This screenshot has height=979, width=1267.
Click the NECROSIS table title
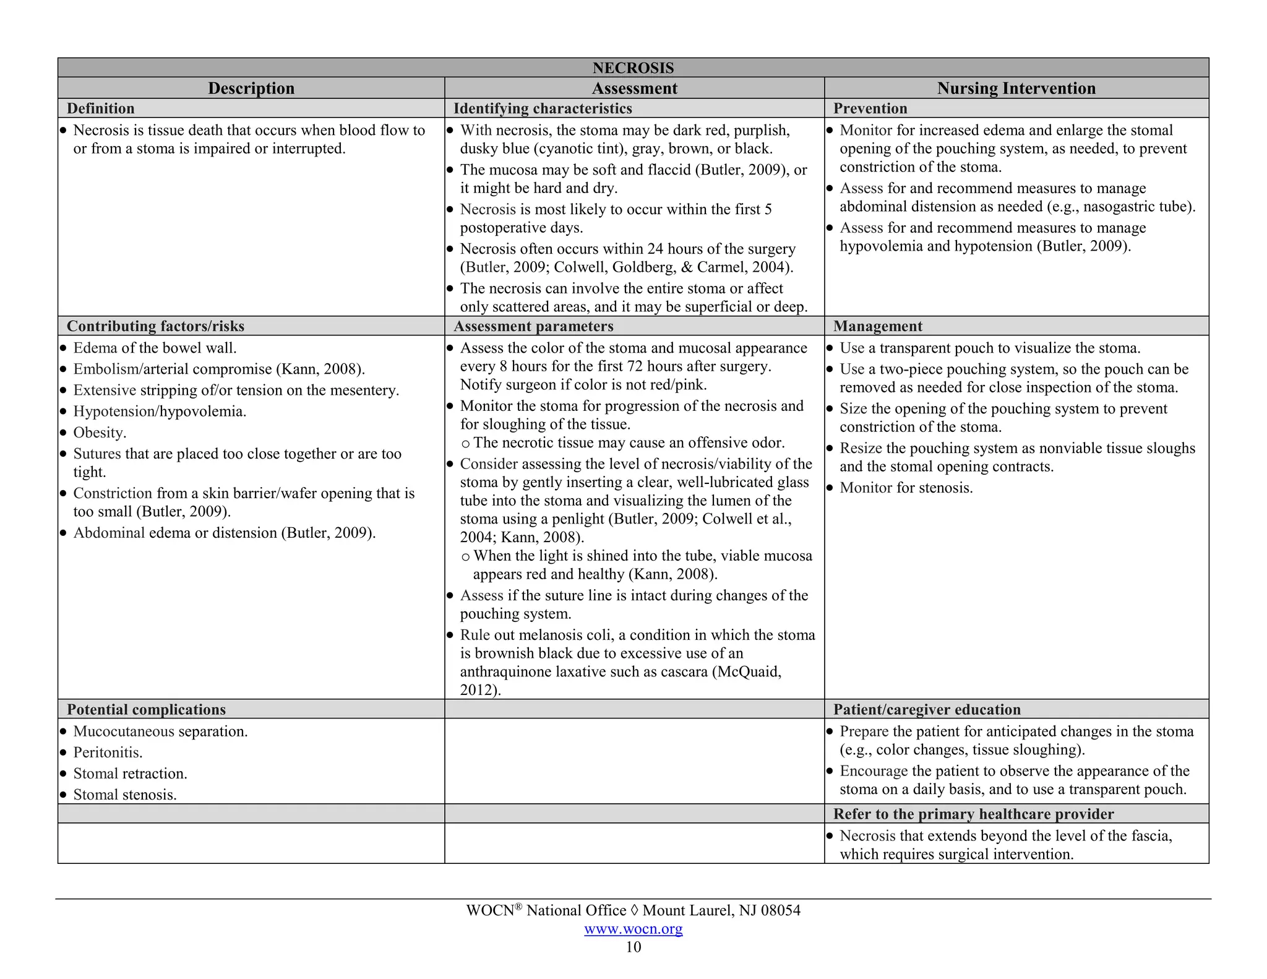pyautogui.click(x=633, y=67)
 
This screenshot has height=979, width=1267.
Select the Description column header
pyautogui.click(x=251, y=88)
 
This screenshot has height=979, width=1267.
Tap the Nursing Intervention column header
pyautogui.click(x=1016, y=88)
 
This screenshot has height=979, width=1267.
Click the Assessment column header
pyautogui.click(x=634, y=88)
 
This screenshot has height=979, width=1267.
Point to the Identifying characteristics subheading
pyautogui.click(x=543, y=108)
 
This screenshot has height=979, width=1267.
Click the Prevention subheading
pyautogui.click(x=870, y=108)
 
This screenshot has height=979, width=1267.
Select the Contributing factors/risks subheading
pyautogui.click(x=155, y=326)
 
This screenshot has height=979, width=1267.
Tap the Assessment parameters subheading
pyautogui.click(x=533, y=326)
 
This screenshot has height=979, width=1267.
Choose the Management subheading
pyautogui.click(x=877, y=326)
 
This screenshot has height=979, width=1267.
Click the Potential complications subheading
pyautogui.click(x=146, y=709)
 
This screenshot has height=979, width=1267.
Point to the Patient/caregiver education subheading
pyautogui.click(x=927, y=709)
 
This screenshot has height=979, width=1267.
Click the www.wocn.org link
pyautogui.click(x=633, y=928)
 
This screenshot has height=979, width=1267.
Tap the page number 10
pyautogui.click(x=633, y=947)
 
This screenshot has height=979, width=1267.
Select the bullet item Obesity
pyautogui.click(x=100, y=433)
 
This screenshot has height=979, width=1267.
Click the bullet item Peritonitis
pyautogui.click(x=108, y=753)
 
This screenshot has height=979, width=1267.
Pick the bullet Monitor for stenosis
pyautogui.click(x=906, y=488)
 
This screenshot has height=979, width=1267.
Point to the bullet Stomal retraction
pyautogui.click(x=130, y=774)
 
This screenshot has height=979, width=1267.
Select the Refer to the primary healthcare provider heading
pyautogui.click(x=973, y=814)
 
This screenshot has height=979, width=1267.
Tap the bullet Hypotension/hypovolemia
pyautogui.click(x=160, y=412)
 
